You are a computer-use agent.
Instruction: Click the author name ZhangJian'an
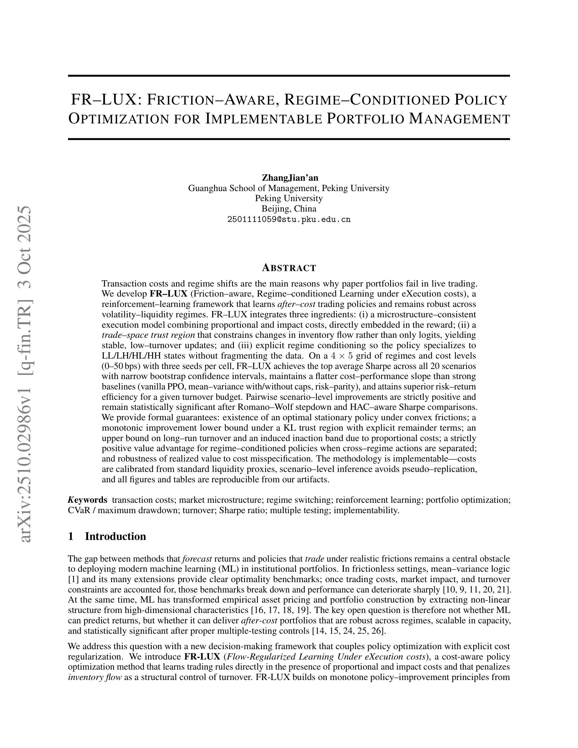point(290,178)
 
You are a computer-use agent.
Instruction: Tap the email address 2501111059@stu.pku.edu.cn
point(289,219)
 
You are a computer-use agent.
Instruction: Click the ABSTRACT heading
point(289,268)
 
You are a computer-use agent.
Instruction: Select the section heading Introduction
point(116,536)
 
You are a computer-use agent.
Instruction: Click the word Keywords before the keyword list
point(88,500)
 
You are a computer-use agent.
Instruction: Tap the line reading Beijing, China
point(289,209)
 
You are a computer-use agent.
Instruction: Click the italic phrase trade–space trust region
point(148,335)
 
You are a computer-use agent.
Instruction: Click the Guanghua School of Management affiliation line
point(289,188)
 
